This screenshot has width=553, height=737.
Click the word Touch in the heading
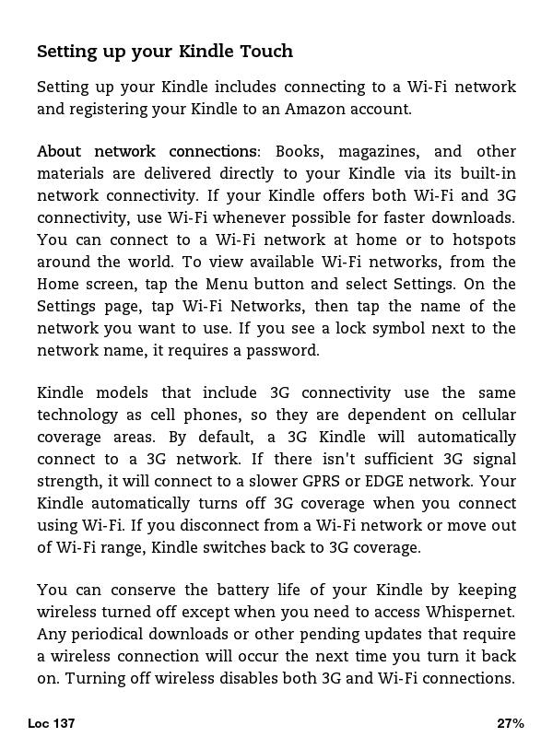pyautogui.click(x=265, y=52)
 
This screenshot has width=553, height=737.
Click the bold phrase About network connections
pyautogui.click(x=147, y=151)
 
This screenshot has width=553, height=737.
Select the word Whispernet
pyautogui.click(x=469, y=612)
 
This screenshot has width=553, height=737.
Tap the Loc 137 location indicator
pyautogui.click(x=52, y=723)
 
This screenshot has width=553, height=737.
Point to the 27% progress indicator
pyautogui.click(x=510, y=723)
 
